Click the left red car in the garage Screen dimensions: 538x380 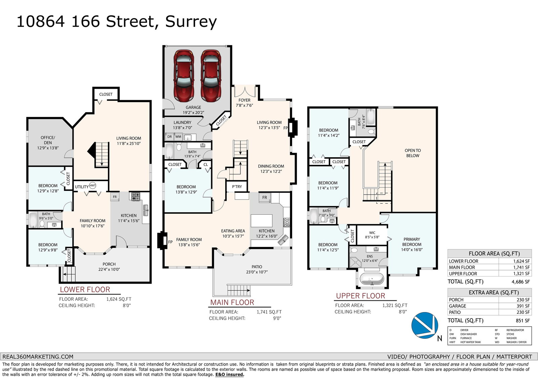pyautogui.click(x=184, y=76)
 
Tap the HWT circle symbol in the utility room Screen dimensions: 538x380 pyautogui.click(x=92, y=185)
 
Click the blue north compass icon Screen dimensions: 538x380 pyautogui.click(x=425, y=325)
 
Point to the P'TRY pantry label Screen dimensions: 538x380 pyautogui.click(x=237, y=186)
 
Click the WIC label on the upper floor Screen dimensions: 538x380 pyautogui.click(x=372, y=233)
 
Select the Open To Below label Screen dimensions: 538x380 pyautogui.click(x=413, y=153)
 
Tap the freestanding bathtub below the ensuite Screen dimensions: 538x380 pyautogui.click(x=372, y=279)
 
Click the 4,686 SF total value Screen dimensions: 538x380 pyautogui.click(x=521, y=282)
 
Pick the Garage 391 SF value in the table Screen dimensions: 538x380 pyautogui.click(x=523, y=306)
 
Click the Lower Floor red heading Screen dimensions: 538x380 pyautogui.click(x=85, y=290)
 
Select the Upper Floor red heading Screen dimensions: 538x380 pyautogui.click(x=360, y=296)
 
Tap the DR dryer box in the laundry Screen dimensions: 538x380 pyautogui.click(x=169, y=137)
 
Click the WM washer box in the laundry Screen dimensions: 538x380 pyautogui.click(x=178, y=137)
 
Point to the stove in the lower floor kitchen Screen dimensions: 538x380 pyautogui.click(x=136, y=197)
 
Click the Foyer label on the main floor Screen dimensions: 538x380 pyautogui.click(x=244, y=100)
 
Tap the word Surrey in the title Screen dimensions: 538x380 pyautogui.click(x=191, y=22)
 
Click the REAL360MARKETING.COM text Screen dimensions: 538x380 pyautogui.click(x=38, y=357)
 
